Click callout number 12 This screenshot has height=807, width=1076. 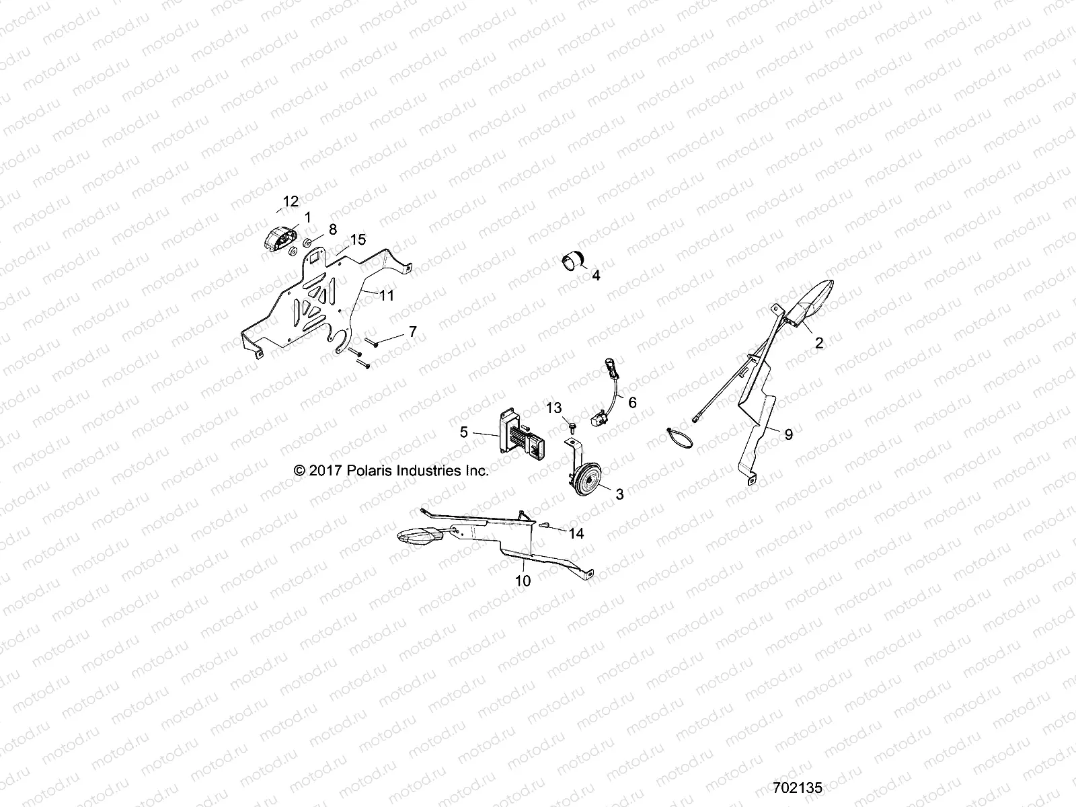click(x=291, y=200)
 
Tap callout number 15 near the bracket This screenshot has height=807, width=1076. click(x=357, y=239)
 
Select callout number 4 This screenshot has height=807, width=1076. click(x=595, y=275)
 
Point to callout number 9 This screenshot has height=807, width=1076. click(x=788, y=434)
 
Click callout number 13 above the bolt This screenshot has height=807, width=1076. click(x=553, y=408)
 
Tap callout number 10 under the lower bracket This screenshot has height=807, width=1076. click(x=523, y=580)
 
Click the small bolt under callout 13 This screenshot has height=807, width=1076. click(x=571, y=426)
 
